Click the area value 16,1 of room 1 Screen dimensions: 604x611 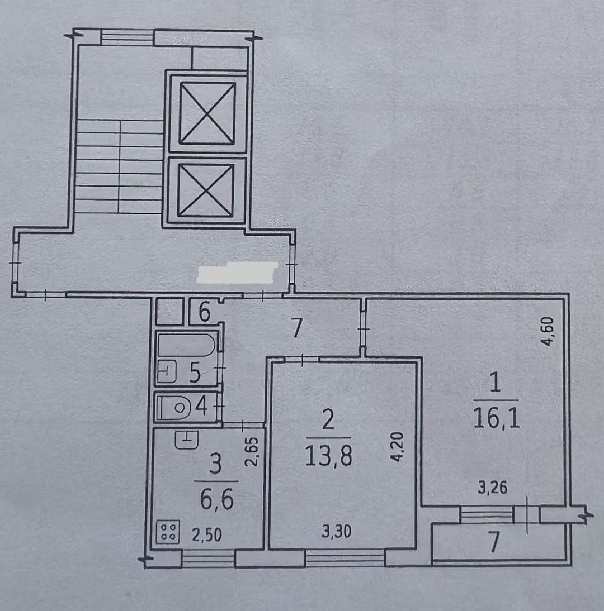click(496, 419)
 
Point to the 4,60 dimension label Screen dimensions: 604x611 click(548, 332)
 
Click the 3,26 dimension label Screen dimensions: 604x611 click(492, 488)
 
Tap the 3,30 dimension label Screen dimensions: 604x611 click(337, 532)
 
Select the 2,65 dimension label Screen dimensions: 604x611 click(252, 452)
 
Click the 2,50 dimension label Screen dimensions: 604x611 click(207, 534)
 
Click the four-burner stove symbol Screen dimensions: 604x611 click(168, 532)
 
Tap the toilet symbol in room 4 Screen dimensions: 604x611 click(173, 408)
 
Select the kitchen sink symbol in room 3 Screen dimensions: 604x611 click(187, 440)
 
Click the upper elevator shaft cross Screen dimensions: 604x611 click(207, 113)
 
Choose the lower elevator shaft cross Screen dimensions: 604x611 click(206, 190)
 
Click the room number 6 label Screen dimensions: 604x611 click(205, 312)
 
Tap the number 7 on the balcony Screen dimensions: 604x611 click(494, 543)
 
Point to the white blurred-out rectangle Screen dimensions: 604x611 click(238, 273)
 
